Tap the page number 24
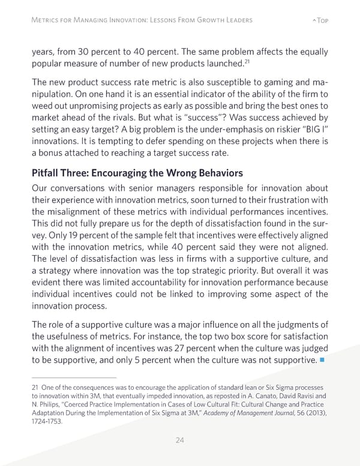click(x=179, y=440)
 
